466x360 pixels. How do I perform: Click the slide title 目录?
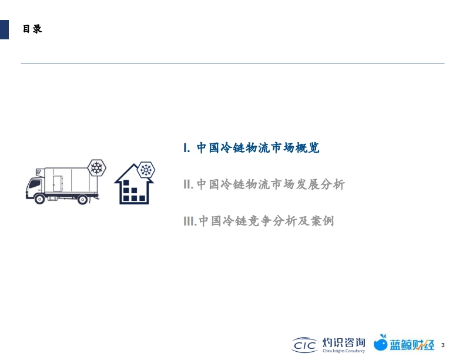tap(32, 29)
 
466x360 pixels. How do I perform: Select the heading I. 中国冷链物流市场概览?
tap(252, 147)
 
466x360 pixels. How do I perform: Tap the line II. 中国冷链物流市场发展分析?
tap(264, 184)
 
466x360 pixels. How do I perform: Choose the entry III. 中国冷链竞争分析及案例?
tap(259, 221)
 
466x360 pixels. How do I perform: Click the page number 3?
tap(443, 345)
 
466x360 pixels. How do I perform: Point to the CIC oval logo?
tap(304, 345)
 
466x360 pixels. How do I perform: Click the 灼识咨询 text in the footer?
tap(344, 342)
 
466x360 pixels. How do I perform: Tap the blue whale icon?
tap(381, 342)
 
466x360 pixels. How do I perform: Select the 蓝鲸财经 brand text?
tap(412, 345)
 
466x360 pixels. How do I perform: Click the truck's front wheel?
tap(39, 199)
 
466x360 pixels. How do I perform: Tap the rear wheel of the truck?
tap(83, 199)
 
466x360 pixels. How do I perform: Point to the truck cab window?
tap(35, 184)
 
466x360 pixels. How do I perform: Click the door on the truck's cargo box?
tap(58, 183)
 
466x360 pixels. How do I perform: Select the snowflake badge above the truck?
tap(97, 168)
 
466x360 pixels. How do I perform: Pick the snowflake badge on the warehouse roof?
tap(146, 170)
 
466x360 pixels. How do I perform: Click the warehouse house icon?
tap(134, 184)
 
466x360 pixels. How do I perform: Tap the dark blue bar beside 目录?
tap(4, 29)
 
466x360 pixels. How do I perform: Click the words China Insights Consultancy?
tap(344, 351)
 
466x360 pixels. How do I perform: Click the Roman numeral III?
tap(190, 221)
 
